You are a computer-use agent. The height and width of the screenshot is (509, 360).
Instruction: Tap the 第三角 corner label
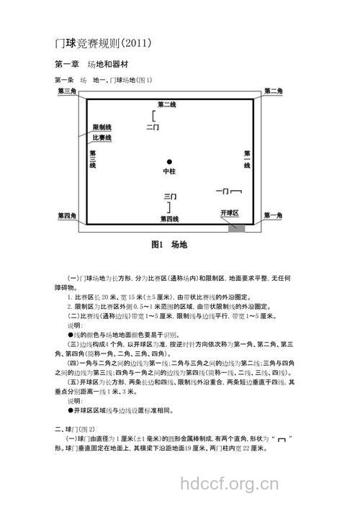68,91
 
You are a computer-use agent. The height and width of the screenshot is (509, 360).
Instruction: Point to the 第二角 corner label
274,91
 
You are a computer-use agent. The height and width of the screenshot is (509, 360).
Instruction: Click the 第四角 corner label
68,215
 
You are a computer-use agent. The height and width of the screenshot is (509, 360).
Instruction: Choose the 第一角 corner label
274,215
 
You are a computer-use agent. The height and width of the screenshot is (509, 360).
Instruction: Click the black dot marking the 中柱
169,161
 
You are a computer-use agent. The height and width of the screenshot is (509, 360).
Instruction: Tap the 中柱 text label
169,172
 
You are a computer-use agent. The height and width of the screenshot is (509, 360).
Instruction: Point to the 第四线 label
170,219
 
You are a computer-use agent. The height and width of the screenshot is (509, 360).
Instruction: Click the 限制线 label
102,127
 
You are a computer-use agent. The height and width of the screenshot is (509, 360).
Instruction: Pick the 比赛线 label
102,138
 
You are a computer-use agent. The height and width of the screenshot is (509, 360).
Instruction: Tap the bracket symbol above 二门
153,115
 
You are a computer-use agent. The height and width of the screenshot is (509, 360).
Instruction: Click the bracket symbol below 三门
169,207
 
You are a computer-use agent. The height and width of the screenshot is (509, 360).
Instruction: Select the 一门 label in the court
222,191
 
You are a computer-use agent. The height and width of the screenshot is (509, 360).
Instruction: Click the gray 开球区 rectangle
237,228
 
